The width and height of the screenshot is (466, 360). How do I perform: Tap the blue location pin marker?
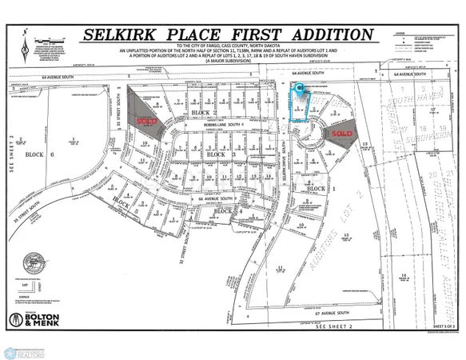pos(301,90)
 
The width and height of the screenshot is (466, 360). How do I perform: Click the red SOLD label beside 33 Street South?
pos(147,122)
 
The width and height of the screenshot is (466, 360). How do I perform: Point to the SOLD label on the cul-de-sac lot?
pos(342,134)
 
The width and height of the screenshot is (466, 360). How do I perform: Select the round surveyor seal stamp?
pos(34,262)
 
